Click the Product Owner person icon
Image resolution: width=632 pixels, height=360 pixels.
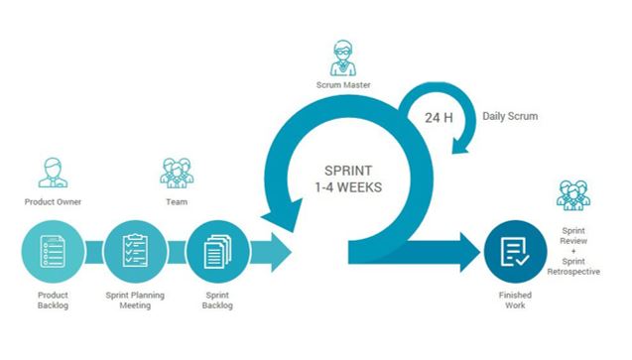click(x=54, y=172)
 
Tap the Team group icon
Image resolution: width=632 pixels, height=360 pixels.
click(x=177, y=172)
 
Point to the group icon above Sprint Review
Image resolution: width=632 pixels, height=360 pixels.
click(x=572, y=195)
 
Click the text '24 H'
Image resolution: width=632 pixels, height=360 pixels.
click(x=440, y=118)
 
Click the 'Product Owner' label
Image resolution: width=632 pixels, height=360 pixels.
click(x=53, y=202)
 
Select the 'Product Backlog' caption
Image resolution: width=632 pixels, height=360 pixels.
click(x=54, y=301)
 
